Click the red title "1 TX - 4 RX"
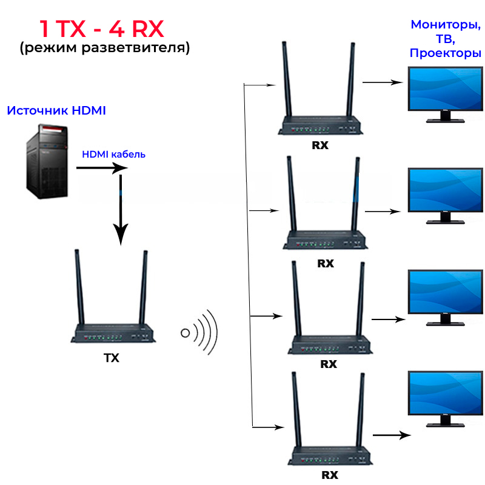pyautogui.click(x=101, y=28)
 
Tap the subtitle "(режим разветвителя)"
pyautogui.click(x=104, y=48)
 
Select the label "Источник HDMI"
pyautogui.click(x=56, y=111)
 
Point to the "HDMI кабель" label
pyautogui.click(x=114, y=154)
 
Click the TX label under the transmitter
pyautogui.click(x=112, y=358)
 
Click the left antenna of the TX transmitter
pyautogui.click(x=78, y=288)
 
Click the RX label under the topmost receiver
pyautogui.click(x=320, y=145)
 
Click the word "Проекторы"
pyautogui.click(x=446, y=53)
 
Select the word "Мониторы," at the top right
pyautogui.click(x=446, y=25)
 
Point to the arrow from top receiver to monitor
pyautogui.click(x=383, y=81)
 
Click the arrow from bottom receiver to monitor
pyautogui.click(x=392, y=435)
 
